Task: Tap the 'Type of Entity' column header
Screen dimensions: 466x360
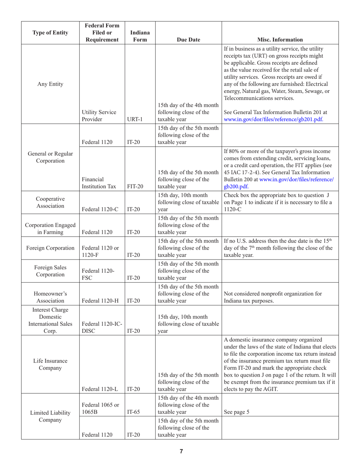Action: pos(50,32)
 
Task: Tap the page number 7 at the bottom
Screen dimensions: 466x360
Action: pos(181,451)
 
